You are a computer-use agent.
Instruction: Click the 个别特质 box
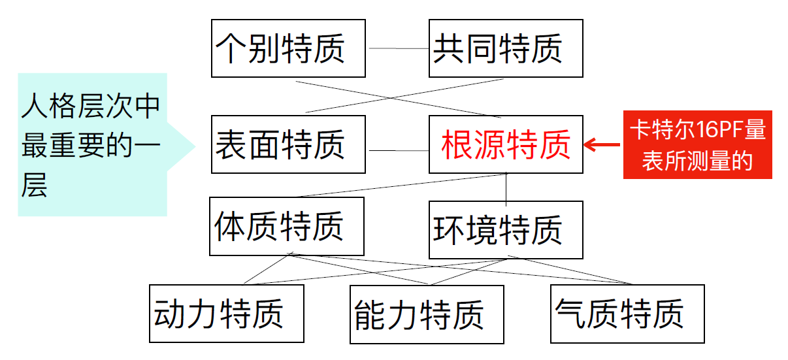tap(288, 48)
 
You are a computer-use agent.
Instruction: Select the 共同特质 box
tap(506, 48)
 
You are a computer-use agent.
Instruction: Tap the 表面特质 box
tap(288, 144)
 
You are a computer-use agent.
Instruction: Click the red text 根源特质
tap(506, 144)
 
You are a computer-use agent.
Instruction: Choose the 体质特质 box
tap(286, 226)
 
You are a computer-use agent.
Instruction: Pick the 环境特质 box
tap(506, 230)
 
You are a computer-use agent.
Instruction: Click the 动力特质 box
tap(226, 314)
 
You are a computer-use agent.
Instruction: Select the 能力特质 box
tap(427, 314)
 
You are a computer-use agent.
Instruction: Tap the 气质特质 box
tap(627, 314)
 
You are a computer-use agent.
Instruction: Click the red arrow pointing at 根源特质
tap(602, 144)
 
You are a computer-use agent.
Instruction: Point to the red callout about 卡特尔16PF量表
tap(697, 144)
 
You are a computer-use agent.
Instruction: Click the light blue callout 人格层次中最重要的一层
tap(92, 144)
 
